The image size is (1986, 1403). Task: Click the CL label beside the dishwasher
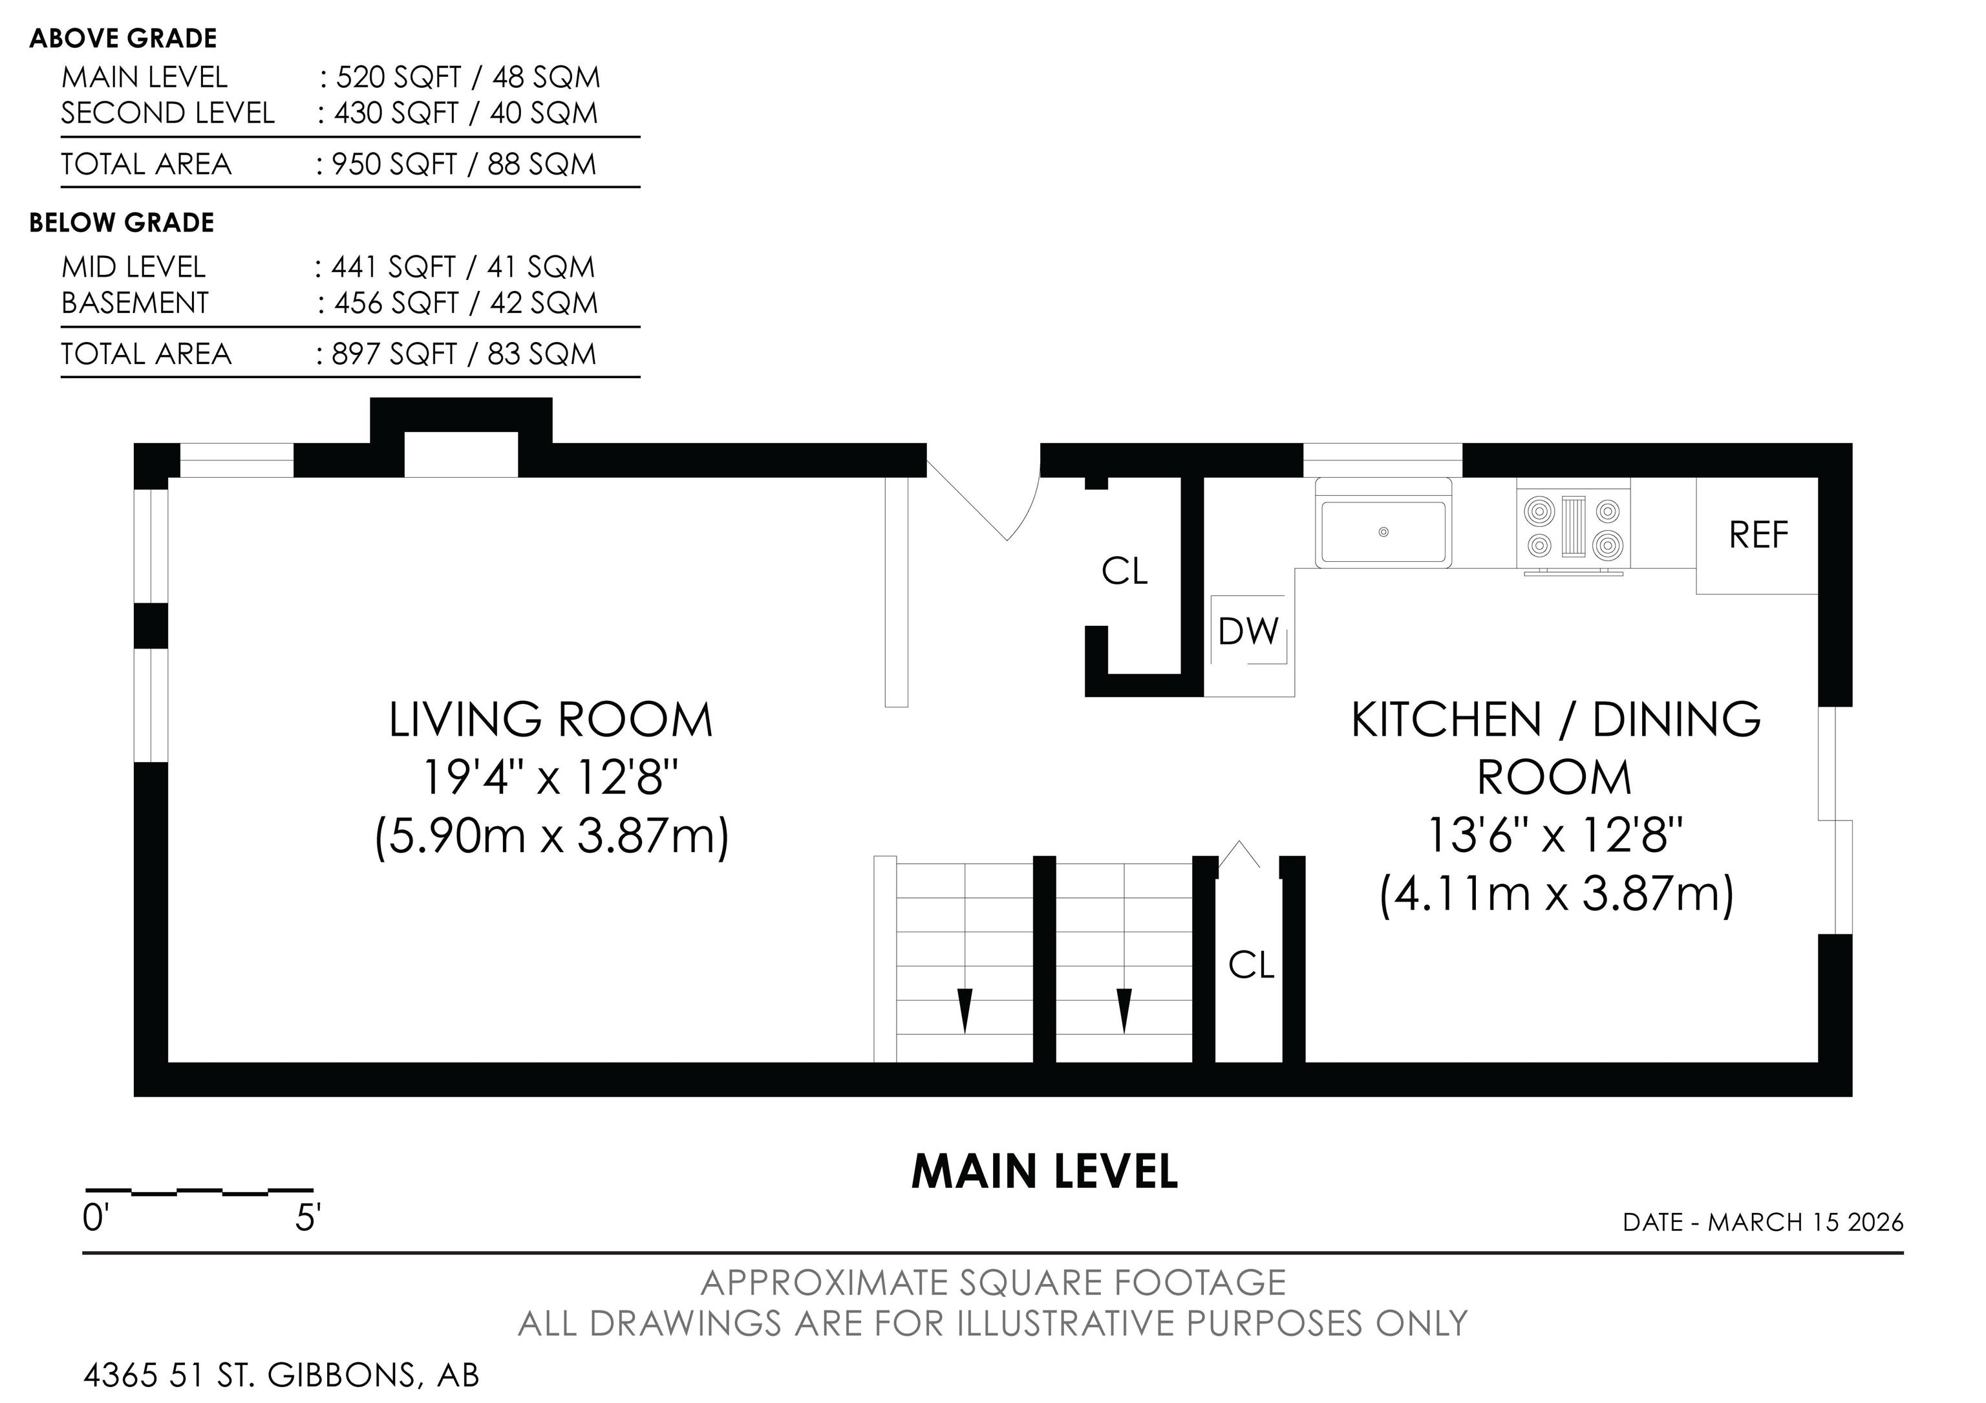(1124, 571)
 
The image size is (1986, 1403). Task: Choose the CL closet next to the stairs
(1252, 965)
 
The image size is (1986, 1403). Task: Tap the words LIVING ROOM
(551, 720)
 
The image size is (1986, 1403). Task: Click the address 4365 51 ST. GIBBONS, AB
(281, 1375)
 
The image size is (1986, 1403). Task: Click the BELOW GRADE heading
(122, 222)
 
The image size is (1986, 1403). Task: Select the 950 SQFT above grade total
(394, 164)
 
